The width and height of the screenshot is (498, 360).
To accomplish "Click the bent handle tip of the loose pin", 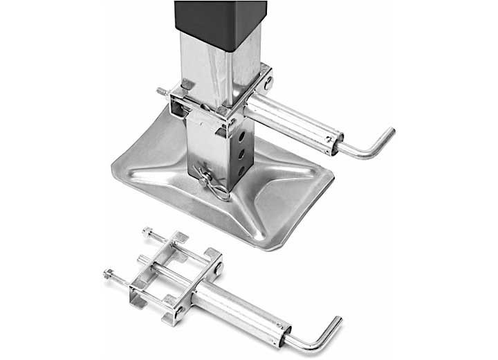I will point(335,325).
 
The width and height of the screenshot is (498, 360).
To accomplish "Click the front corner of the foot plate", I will point(260,242).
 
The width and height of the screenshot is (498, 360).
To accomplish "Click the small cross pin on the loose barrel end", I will point(284,324).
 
